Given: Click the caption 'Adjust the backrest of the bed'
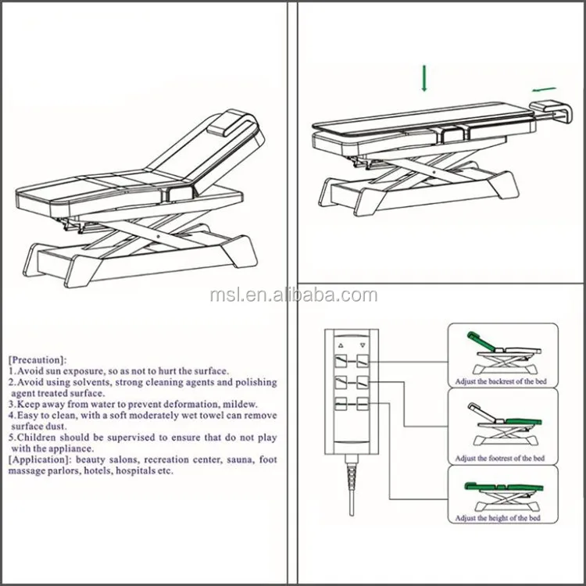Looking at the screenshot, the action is tap(502, 383).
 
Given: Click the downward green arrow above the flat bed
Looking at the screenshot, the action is tap(423, 79).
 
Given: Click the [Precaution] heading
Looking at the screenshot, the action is tap(36, 360).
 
